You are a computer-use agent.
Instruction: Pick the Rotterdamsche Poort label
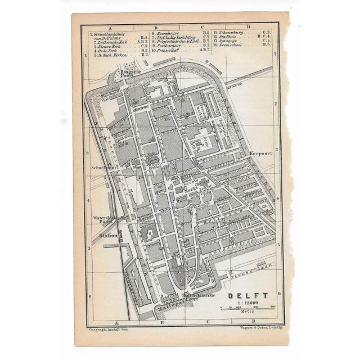(197, 298)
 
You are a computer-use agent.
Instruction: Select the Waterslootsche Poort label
(106, 219)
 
